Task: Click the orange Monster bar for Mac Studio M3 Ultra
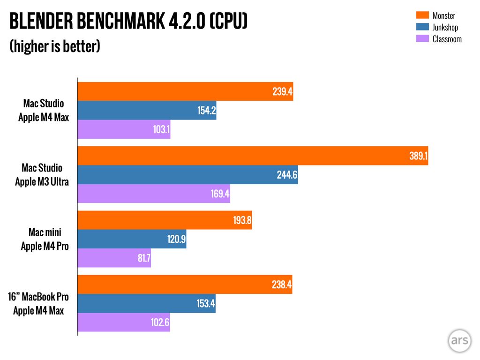pos(253,156)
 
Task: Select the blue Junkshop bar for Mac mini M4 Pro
pos(132,239)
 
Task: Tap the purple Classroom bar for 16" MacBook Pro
pos(123,322)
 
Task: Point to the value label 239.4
pos(282,92)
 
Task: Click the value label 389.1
pos(418,156)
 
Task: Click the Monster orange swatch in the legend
pos(422,16)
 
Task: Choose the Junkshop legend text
pos(445,28)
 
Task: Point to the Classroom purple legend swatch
pos(422,39)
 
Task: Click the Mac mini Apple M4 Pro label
pos(45,239)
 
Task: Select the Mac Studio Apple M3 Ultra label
pos(42,175)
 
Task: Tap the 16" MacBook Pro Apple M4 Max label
pos(38,303)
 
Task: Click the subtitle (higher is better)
pos(55,46)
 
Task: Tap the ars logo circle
pos(458,340)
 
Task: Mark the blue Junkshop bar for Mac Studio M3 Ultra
pos(187,175)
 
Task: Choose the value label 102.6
pos(159,322)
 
